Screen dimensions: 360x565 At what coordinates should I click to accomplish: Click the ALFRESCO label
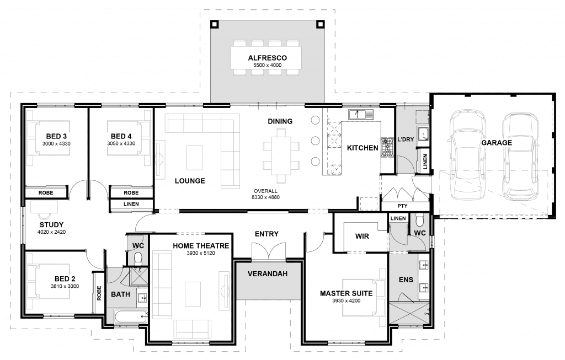267,57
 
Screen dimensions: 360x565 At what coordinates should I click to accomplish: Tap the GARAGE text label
496,143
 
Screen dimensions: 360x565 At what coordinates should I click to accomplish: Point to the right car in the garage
519,155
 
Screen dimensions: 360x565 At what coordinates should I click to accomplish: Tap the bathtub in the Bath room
131,316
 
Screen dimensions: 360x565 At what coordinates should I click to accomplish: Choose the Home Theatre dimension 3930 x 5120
201,254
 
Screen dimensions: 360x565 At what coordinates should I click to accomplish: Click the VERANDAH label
267,273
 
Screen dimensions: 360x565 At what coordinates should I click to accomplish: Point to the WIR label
362,236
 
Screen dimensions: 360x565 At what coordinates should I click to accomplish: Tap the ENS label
406,280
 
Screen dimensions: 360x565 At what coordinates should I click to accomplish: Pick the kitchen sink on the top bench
361,115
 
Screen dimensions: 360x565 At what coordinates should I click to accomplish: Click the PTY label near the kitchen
403,206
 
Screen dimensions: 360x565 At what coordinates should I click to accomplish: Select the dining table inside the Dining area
281,155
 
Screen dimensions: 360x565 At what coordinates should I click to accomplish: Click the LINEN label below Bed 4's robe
131,205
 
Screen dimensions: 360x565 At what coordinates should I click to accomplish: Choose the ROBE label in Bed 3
45,193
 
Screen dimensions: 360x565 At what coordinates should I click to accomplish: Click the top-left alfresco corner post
214,24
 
